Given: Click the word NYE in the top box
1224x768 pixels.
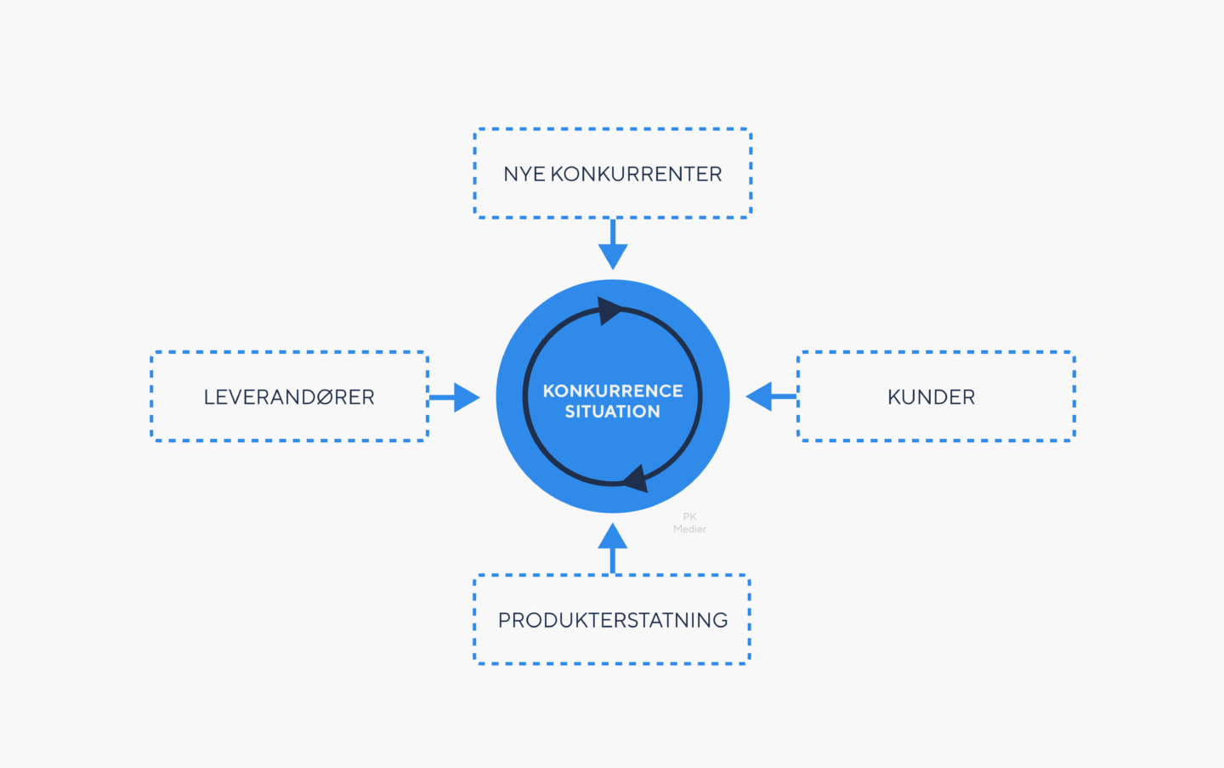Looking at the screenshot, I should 524,174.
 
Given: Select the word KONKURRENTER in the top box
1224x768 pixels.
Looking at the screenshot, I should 636,174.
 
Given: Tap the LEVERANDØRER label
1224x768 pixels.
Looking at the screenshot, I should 289,397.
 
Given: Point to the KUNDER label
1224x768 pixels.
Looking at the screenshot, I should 931,397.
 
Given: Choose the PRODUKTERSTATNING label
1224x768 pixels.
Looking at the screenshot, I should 612,620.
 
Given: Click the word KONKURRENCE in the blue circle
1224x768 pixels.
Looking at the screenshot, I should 612,391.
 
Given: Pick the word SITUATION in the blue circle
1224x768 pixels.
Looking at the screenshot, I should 612,412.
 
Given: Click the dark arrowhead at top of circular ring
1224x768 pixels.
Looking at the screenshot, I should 608,310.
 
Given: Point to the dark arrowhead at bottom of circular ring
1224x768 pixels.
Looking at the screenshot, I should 636,479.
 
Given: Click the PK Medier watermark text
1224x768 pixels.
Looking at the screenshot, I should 689,523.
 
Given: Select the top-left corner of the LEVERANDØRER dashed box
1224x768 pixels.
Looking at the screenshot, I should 152,353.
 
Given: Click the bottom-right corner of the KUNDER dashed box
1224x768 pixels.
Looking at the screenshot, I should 1074,440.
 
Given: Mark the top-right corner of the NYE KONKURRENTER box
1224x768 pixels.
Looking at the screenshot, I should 750,130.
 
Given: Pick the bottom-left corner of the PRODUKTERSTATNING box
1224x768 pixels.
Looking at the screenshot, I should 475,663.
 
